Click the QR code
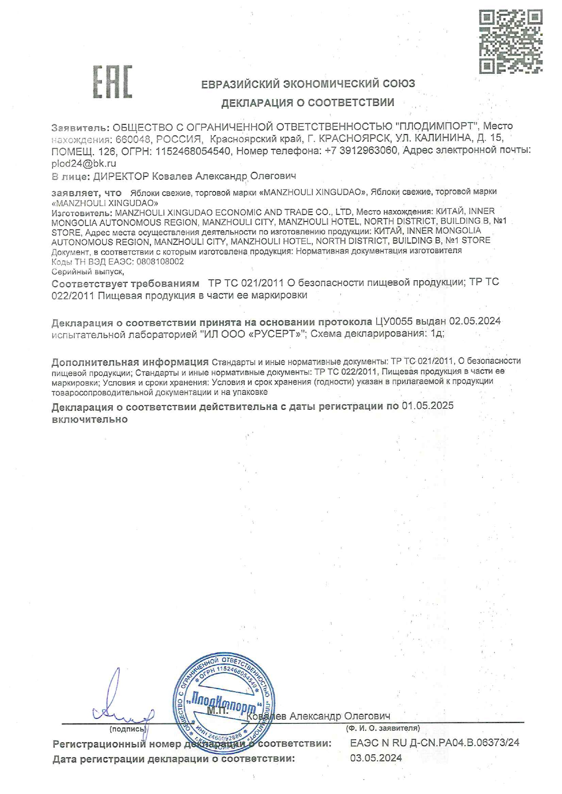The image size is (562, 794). click(x=510, y=41)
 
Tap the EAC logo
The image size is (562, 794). click(x=112, y=82)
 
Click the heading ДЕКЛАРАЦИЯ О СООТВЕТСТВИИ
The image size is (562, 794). click(x=308, y=103)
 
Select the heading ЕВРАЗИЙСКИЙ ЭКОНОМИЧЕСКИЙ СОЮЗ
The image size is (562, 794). click(x=308, y=84)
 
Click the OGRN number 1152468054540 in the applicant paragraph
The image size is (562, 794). click(x=193, y=151)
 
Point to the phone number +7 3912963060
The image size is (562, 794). click(x=361, y=150)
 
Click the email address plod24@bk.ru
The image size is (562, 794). click(x=84, y=163)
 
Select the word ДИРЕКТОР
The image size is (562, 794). click(x=121, y=176)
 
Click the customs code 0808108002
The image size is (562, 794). click(x=160, y=262)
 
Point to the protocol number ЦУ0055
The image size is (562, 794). click(x=394, y=321)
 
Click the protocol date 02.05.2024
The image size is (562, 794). click(x=475, y=321)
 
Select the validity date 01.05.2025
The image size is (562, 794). click(x=427, y=406)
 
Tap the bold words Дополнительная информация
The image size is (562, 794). click(x=130, y=362)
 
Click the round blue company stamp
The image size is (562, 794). click(x=223, y=702)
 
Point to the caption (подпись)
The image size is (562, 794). click(x=127, y=729)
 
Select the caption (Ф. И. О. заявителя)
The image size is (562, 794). click(x=383, y=728)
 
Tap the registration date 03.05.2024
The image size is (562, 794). click(x=376, y=758)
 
